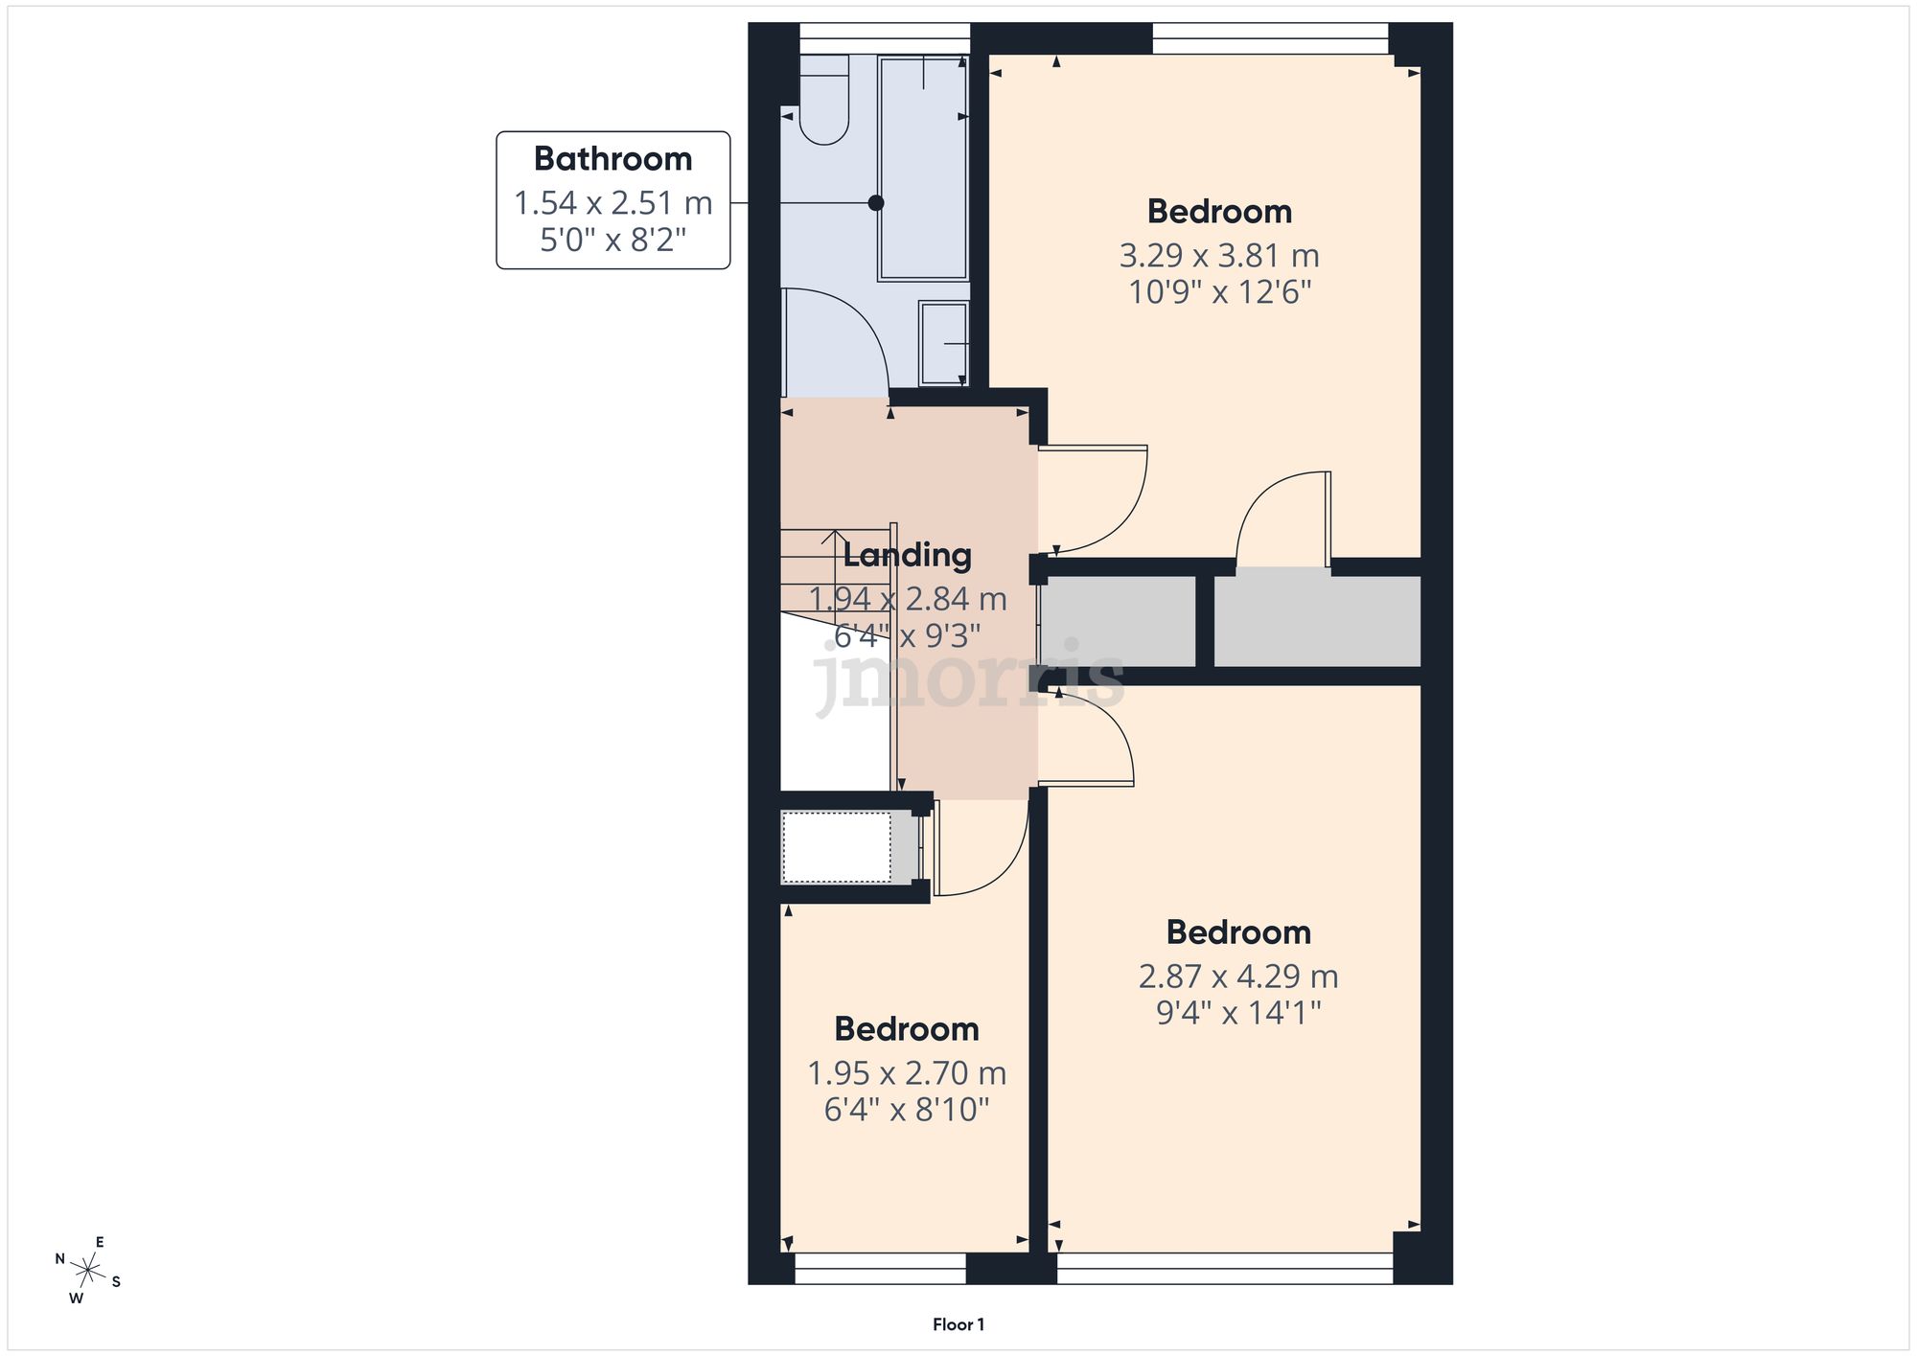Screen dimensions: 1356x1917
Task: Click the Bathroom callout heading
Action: pyautogui.click(x=612, y=159)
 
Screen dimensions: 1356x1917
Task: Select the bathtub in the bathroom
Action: pyautogui.click(x=923, y=168)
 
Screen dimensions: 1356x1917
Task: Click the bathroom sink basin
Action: pyautogui.click(x=943, y=344)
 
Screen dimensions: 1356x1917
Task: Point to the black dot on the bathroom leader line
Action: pyautogui.click(x=875, y=203)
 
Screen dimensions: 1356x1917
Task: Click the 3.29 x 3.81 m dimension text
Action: pyautogui.click(x=1219, y=256)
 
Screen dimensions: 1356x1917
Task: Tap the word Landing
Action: pyautogui.click(x=907, y=556)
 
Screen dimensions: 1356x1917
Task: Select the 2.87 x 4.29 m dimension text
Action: pyautogui.click(x=1238, y=977)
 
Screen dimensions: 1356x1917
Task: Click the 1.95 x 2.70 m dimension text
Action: pyautogui.click(x=907, y=1073)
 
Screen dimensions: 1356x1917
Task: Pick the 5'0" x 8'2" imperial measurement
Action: pyautogui.click(x=612, y=240)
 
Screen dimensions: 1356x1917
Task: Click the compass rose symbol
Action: pyautogui.click(x=88, y=1272)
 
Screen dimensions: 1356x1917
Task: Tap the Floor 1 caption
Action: pyautogui.click(x=958, y=1324)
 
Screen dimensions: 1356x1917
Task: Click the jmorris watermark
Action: pyautogui.click(x=968, y=677)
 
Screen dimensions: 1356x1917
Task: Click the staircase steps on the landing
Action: pyautogui.click(x=834, y=570)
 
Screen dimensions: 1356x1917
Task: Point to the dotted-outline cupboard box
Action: pyautogui.click(x=837, y=847)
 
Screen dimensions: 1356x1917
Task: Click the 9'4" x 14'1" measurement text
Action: pyautogui.click(x=1238, y=1013)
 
